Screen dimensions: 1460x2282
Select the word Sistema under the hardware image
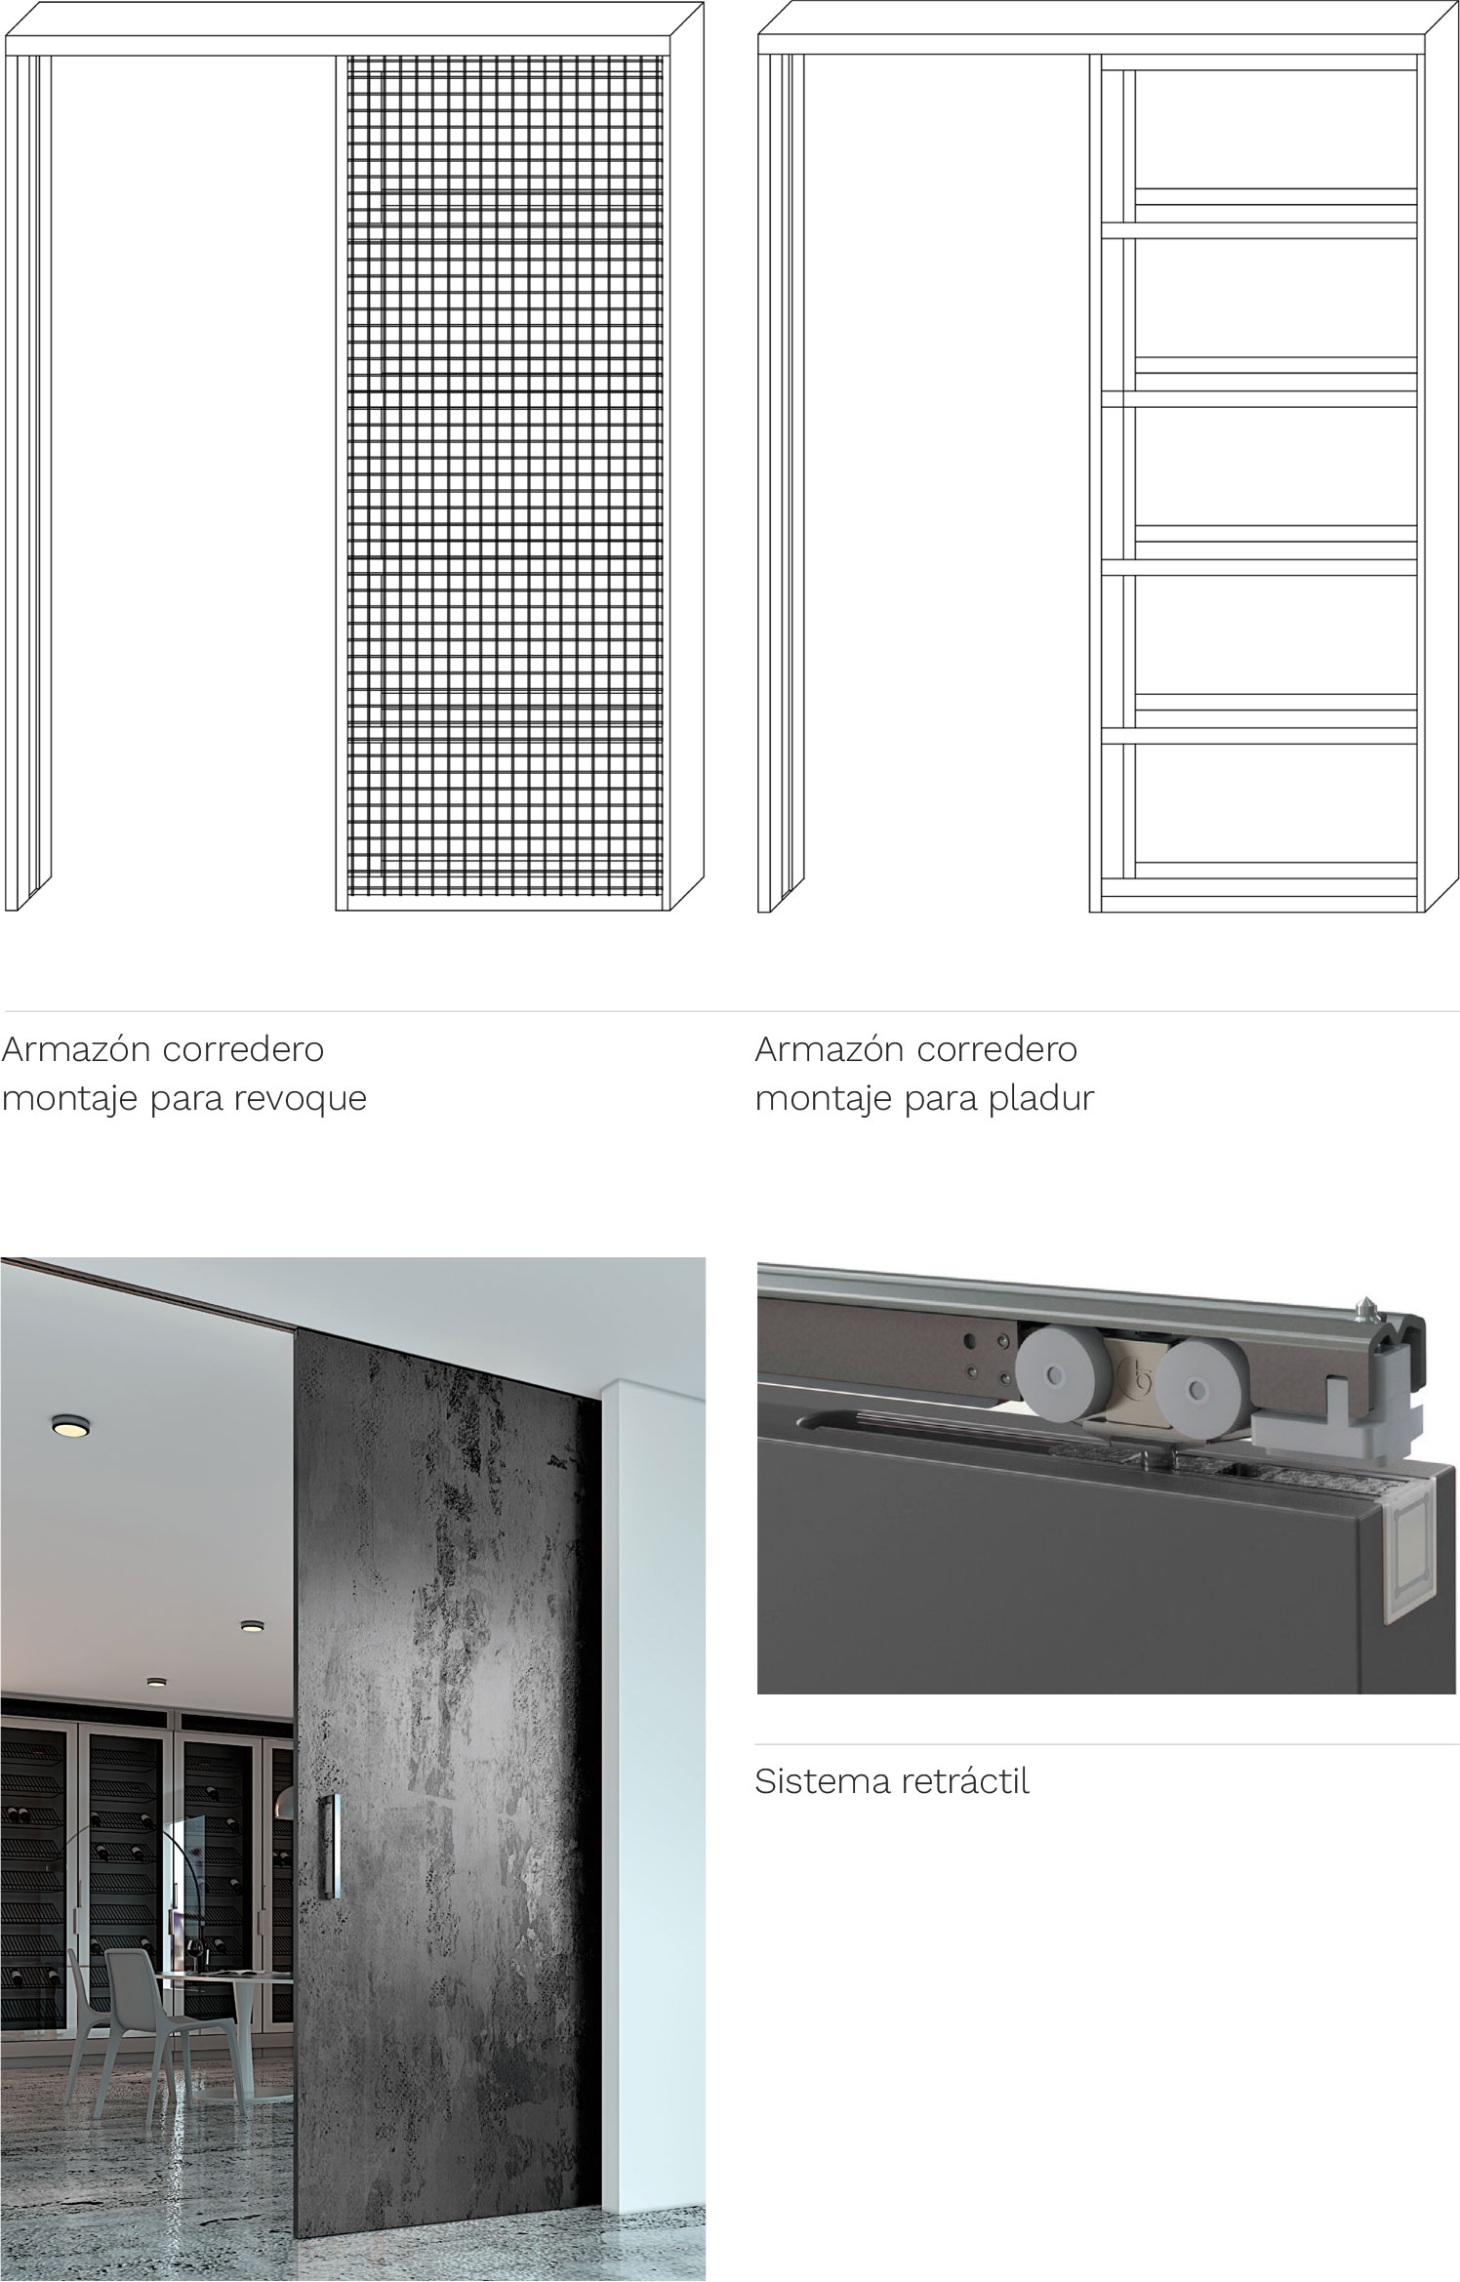[x=818, y=1781]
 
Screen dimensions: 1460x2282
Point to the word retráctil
[x=960, y=1781]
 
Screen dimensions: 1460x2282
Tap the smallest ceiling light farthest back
[x=156, y=1682]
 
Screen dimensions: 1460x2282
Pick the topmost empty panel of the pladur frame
[x=1276, y=128]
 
